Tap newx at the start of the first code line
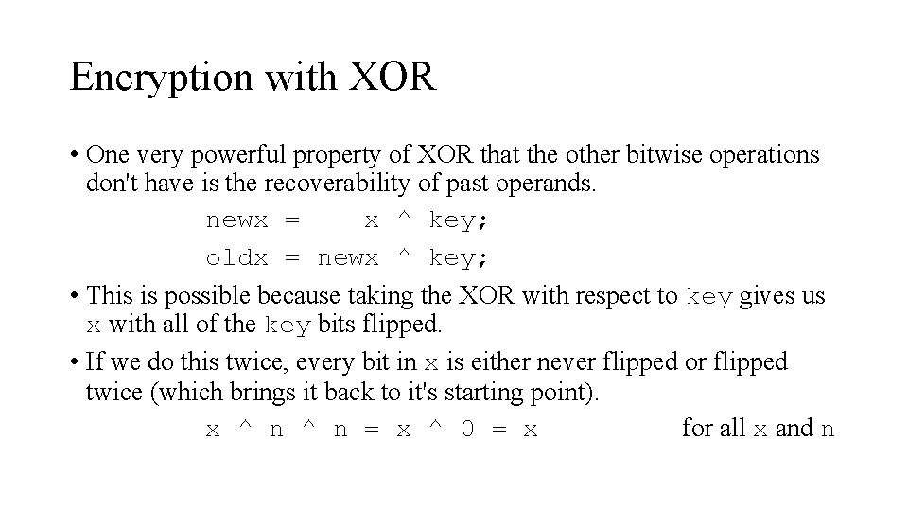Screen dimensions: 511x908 (236, 220)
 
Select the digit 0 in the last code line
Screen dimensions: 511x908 (467, 429)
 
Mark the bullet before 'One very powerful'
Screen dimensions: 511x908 (73, 155)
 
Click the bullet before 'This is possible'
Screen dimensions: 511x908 (73, 297)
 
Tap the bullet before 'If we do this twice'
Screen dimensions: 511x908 (73, 363)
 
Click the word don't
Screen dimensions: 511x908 (109, 183)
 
